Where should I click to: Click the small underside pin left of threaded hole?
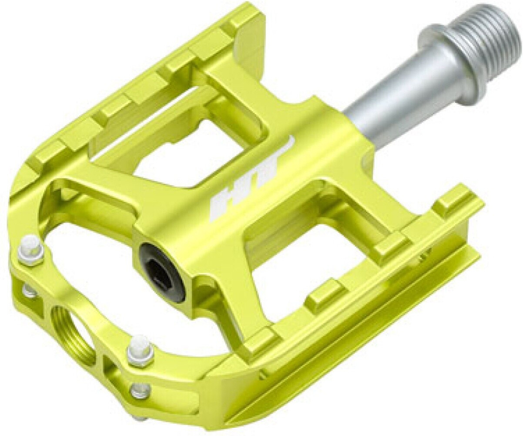tap(30, 290)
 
